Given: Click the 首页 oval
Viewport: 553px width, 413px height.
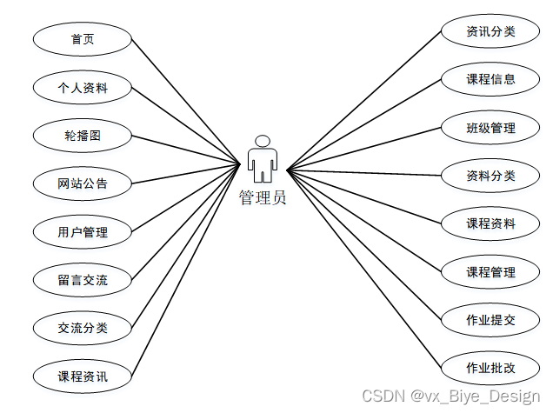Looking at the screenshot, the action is click(x=83, y=39).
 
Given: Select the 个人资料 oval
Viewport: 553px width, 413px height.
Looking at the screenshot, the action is click(x=83, y=87).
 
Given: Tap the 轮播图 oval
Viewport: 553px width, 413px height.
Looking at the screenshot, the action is click(x=83, y=136).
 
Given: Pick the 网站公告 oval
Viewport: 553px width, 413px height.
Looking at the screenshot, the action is click(x=83, y=183).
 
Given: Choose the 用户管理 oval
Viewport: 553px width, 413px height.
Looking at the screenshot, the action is click(x=83, y=232).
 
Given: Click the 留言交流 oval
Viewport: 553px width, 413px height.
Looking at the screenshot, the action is click(x=83, y=280).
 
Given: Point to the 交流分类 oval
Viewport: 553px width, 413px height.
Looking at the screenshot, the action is click(x=83, y=328).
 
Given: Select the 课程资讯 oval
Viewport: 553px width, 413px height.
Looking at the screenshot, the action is click(x=83, y=376).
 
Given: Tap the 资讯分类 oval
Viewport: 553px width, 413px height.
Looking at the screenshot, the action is click(x=490, y=32).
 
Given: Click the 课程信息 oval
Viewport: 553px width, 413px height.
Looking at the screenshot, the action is click(x=490, y=80).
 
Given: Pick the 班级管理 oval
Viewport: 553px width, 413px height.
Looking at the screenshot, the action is click(x=490, y=129).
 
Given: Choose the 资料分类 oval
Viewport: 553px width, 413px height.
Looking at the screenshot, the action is click(x=490, y=176).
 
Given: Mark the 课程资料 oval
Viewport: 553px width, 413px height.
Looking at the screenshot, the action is click(x=490, y=223).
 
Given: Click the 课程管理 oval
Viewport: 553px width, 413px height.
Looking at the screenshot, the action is click(x=490, y=272).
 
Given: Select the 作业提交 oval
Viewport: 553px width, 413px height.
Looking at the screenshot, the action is click(x=490, y=320).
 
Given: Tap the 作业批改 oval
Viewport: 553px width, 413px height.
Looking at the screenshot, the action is click(x=490, y=368).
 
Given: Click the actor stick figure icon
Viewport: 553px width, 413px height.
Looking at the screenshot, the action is click(x=263, y=159).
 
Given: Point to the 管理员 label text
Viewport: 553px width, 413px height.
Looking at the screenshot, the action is click(x=263, y=198).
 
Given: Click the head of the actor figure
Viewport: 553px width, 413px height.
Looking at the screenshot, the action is click(x=263, y=142).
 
